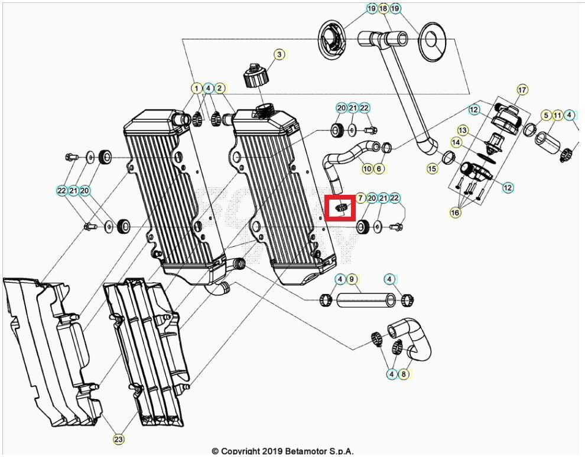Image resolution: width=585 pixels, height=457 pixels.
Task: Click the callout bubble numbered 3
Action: click(279, 54)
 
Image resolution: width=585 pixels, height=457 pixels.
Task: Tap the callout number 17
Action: click(522, 90)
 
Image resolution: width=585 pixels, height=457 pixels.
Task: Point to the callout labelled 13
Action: click(463, 130)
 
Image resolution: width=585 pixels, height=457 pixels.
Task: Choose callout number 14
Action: click(456, 142)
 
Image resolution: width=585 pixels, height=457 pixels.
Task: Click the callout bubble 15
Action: click(433, 169)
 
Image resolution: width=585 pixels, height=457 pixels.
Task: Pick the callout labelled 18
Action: click(383, 8)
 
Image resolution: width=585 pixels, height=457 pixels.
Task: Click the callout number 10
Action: click(367, 169)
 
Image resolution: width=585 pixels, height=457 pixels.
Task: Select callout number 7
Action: click(360, 198)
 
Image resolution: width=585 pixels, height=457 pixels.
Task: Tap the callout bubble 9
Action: click(352, 279)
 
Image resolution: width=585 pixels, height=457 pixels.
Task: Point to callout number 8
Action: click(404, 374)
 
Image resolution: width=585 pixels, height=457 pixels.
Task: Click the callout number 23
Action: click(119, 439)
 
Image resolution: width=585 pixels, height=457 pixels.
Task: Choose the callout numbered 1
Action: click(196, 88)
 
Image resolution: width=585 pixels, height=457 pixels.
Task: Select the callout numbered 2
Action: click(220, 88)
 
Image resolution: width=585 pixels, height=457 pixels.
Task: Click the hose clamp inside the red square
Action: click(340, 207)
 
